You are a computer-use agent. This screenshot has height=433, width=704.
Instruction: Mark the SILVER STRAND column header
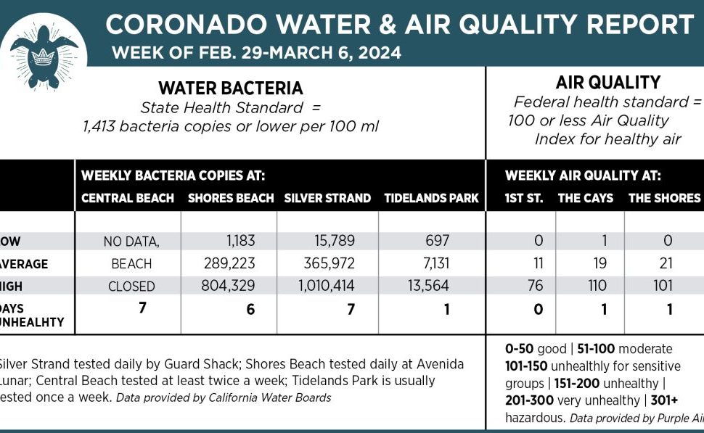tap(327, 198)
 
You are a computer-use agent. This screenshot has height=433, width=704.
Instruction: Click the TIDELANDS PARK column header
tap(431, 198)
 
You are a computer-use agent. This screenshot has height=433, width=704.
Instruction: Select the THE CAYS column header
tap(585, 198)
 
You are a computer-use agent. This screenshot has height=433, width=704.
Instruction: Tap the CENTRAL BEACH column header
tap(128, 198)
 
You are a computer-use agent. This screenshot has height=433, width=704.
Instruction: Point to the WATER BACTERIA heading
tap(230, 88)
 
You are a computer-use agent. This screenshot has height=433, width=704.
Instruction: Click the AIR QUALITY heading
tap(597, 83)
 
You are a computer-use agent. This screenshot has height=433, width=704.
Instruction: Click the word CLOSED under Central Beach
tap(131, 286)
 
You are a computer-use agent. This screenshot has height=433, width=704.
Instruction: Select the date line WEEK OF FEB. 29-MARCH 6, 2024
tap(256, 53)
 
